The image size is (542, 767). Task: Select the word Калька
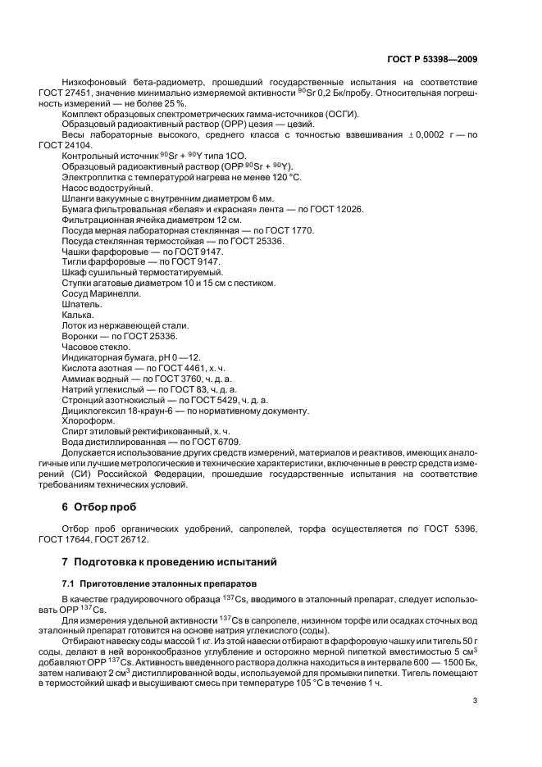click(x=78, y=315)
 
